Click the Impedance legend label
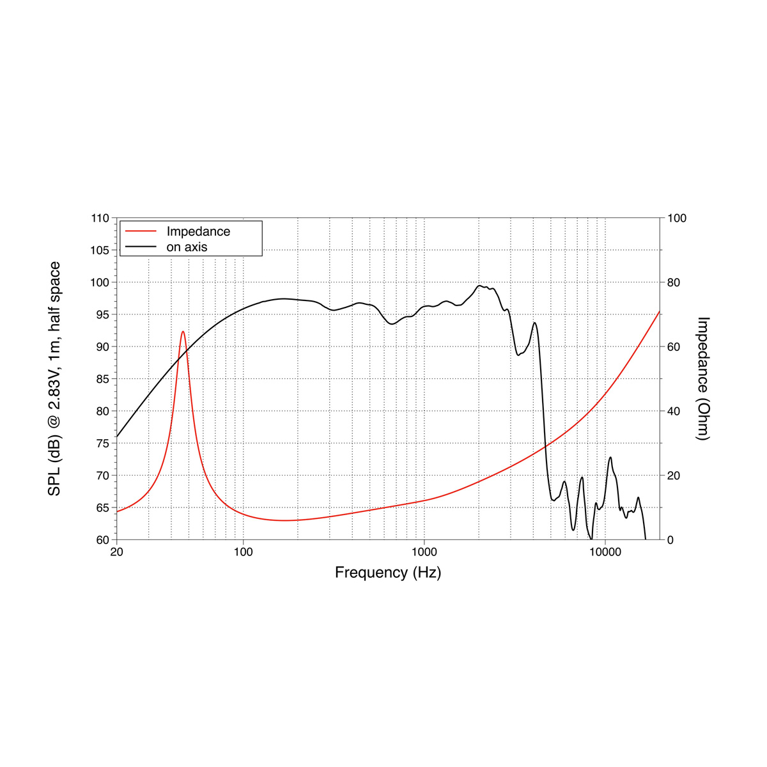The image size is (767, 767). (198, 231)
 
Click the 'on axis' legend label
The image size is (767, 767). (187, 247)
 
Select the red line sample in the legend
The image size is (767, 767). (141, 231)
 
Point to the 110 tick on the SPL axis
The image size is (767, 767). (100, 218)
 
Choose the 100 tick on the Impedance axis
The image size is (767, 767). (677, 218)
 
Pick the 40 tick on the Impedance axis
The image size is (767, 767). (674, 411)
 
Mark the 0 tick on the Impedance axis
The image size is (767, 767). (670, 540)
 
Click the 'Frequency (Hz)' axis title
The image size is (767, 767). (388, 573)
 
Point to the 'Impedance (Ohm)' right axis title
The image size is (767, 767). (703, 378)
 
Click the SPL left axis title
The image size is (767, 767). (55, 378)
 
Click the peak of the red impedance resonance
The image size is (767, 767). (183, 331)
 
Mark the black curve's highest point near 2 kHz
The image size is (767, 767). (479, 286)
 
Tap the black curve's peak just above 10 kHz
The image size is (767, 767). (610, 457)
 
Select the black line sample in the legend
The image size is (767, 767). (141, 247)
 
